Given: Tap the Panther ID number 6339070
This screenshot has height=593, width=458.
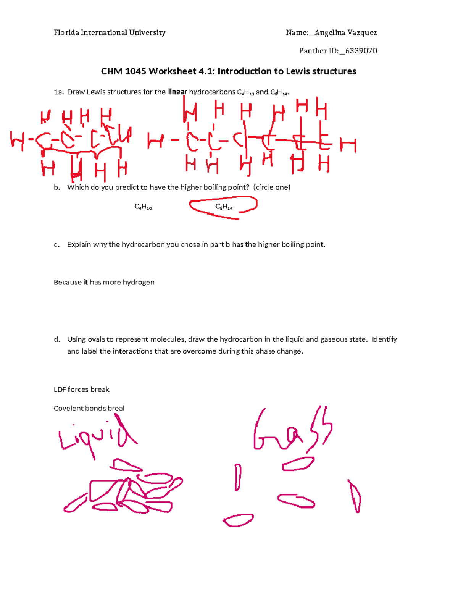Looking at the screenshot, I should pyautogui.click(x=361, y=51).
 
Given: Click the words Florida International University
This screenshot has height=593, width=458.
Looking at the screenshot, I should pyautogui.click(x=110, y=33).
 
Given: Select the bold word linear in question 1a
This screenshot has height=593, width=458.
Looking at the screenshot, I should pyautogui.click(x=177, y=92).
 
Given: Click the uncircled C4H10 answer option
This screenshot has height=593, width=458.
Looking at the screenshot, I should pyautogui.click(x=143, y=207).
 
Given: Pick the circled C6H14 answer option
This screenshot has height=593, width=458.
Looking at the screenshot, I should pyautogui.click(x=224, y=207).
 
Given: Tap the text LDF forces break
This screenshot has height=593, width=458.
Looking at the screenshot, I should pyautogui.click(x=81, y=389).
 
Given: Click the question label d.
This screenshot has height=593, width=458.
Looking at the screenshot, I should pyautogui.click(x=57, y=339).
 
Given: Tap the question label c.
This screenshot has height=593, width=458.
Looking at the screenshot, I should pyautogui.click(x=56, y=245).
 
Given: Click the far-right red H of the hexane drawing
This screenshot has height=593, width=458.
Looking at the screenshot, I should pyautogui.click(x=348, y=145).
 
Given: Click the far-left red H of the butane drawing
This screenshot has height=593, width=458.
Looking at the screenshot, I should pyautogui.click(x=17, y=141).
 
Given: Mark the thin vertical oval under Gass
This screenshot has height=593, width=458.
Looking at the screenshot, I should pyautogui.click(x=238, y=477).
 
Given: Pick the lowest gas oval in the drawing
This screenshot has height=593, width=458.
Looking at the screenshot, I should pyautogui.click(x=238, y=520).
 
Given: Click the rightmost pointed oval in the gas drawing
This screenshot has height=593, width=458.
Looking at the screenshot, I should pyautogui.click(x=355, y=496).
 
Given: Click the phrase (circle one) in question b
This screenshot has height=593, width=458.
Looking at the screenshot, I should pyautogui.click(x=272, y=187).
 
